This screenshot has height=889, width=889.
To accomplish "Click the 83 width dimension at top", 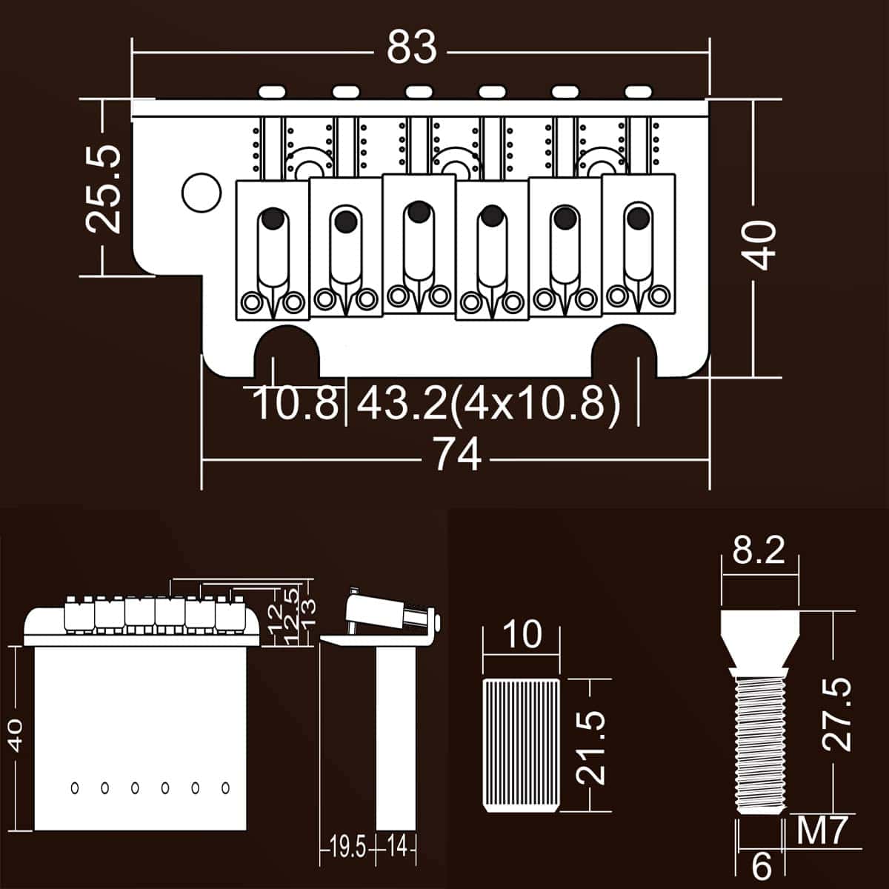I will [412, 50].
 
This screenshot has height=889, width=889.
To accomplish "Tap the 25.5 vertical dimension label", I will [102, 190].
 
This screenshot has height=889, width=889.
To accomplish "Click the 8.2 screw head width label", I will [759, 551].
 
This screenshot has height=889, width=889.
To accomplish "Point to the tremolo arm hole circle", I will [202, 192].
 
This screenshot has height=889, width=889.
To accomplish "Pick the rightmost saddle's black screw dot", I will [636, 217].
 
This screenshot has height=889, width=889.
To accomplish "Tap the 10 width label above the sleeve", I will [522, 634].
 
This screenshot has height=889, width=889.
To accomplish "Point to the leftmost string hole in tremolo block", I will [75, 788].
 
